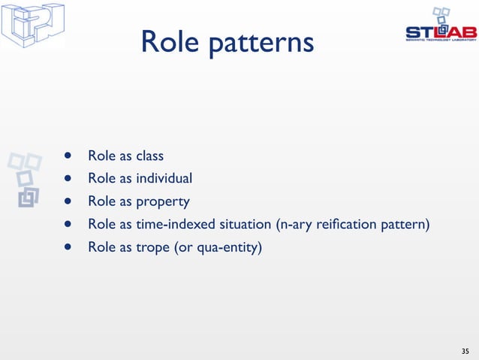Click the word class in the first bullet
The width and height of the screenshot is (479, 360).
(149, 156)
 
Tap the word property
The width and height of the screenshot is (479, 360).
(162, 202)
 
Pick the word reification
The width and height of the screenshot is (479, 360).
(350, 224)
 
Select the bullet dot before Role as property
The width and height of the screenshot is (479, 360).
(68, 202)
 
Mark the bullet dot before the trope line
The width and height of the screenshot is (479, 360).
(68, 247)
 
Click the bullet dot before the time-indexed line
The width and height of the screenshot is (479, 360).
(68, 224)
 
